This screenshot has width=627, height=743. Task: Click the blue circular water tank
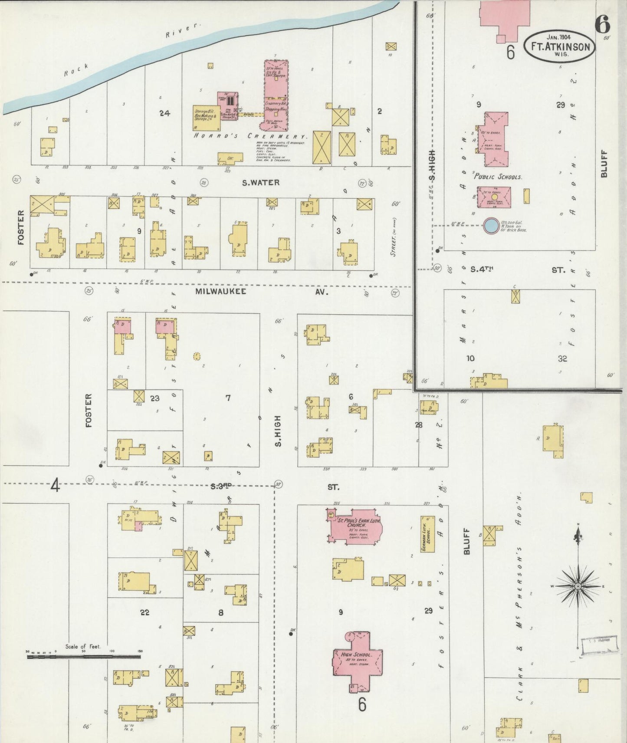tap(491, 225)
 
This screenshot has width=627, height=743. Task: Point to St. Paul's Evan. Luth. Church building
tap(356, 526)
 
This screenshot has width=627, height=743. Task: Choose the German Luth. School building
tap(427, 534)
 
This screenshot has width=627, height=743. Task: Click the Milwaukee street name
tap(220, 291)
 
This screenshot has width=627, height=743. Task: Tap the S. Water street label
tap(260, 183)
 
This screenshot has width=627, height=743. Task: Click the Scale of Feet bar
tap(83, 657)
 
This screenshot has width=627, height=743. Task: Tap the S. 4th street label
tap(482, 270)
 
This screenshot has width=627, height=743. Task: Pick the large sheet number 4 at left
tap(55, 486)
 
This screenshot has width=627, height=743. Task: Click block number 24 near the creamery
tap(164, 113)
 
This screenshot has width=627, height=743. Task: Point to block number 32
tap(562, 358)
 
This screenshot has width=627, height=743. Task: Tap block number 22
tap(144, 612)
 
